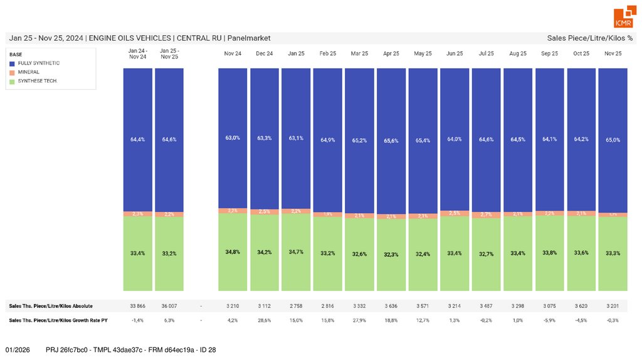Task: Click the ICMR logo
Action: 623,18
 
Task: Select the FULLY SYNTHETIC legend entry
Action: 39,63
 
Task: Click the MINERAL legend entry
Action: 29,72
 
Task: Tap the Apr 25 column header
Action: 391,54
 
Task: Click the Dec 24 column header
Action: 265,54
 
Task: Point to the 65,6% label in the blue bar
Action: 391,141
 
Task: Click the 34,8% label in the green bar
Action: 233,251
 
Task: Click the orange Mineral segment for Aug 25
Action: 518,214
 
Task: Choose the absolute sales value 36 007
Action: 169,306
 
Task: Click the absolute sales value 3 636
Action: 391,306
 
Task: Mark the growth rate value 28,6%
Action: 265,320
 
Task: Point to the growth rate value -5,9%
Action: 550,320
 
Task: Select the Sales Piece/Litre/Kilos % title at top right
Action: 589,38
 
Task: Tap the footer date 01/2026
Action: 18,349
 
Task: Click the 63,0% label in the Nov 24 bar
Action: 233,137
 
